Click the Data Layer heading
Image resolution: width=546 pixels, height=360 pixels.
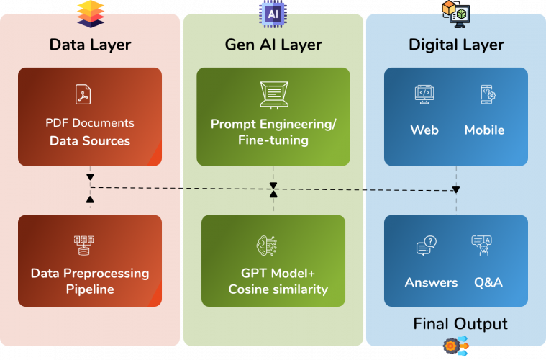[x=90, y=45]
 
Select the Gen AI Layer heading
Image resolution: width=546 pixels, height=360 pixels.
[x=273, y=45]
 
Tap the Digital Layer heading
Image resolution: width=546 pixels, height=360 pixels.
[x=456, y=45]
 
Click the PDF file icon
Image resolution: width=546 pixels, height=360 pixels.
[x=83, y=94]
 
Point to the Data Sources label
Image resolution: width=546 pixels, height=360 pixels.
[x=90, y=140]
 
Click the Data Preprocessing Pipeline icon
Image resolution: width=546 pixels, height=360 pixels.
[x=84, y=246]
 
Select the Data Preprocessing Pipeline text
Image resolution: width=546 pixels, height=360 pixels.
[x=90, y=282]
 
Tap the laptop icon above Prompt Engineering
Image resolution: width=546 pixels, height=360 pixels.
[x=273, y=94]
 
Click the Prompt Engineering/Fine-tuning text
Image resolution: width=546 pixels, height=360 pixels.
[x=273, y=132]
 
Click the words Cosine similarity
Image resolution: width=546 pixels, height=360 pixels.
[x=278, y=289]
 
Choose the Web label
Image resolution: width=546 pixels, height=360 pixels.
[x=424, y=130]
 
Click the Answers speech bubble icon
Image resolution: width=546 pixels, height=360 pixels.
[x=426, y=246]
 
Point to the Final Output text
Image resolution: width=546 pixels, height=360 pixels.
[x=460, y=323]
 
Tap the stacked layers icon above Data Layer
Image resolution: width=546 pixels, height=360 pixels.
[x=90, y=12]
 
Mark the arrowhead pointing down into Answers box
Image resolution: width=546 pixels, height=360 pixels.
[x=455, y=190]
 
